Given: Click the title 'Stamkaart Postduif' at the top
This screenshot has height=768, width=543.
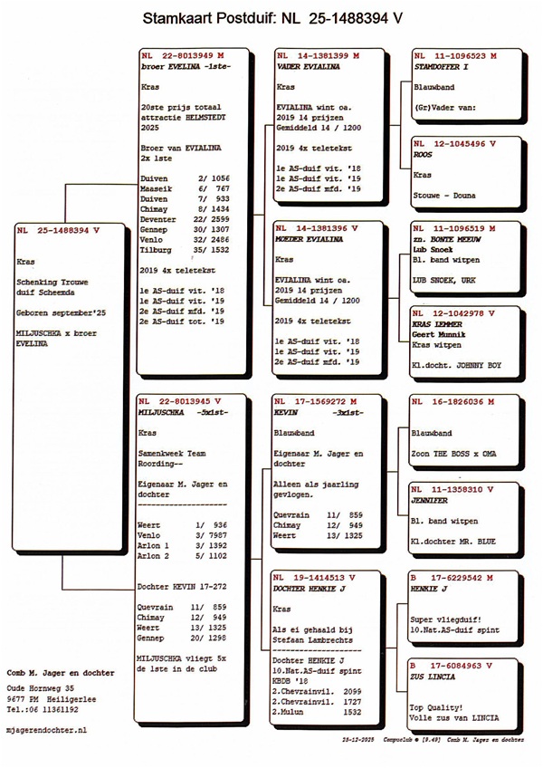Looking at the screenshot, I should (213, 17).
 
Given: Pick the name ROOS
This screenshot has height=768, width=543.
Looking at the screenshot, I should (422, 155).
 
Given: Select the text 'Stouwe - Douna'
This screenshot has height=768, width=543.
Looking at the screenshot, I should (442, 195).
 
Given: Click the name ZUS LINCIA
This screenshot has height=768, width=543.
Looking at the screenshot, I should (435, 676).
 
